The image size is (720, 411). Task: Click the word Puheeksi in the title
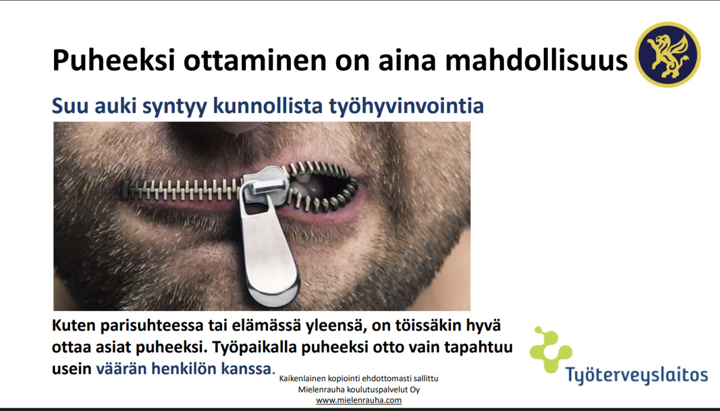click(x=114, y=60)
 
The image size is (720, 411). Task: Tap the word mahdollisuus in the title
click(x=536, y=60)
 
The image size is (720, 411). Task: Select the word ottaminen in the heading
click(x=255, y=60)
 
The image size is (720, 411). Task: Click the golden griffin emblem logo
click(x=668, y=55)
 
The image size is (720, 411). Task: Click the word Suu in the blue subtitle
click(x=70, y=106)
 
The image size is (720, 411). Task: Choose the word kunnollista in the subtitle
click(x=268, y=106)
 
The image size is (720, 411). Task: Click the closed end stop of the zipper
click(x=125, y=189)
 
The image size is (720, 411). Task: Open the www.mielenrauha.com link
click(x=359, y=400)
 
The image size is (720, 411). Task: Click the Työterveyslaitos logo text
click(x=637, y=374)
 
